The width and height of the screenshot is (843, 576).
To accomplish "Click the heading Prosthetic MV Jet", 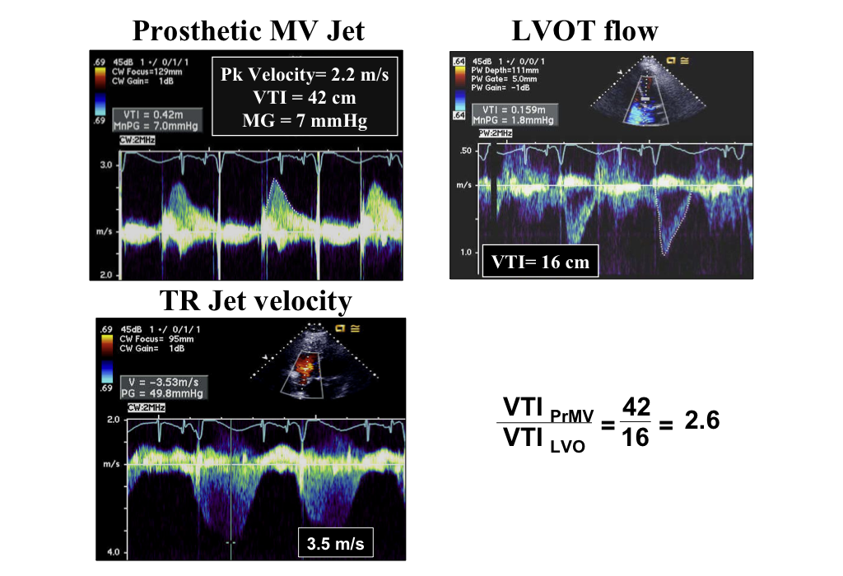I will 248,30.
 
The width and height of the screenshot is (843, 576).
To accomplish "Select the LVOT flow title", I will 585,30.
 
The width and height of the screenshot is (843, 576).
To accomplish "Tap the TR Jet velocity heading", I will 254,301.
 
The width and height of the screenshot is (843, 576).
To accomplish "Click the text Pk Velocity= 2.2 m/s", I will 305,74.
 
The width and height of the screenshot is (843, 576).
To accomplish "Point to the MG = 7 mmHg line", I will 305,120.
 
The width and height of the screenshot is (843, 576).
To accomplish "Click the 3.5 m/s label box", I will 334,544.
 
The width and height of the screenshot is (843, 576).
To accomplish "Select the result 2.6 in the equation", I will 701,420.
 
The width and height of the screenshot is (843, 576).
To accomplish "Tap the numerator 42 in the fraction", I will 636,406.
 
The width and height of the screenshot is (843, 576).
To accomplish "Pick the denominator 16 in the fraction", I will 636,437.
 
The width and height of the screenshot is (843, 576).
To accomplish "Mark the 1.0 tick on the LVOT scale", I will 466,252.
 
